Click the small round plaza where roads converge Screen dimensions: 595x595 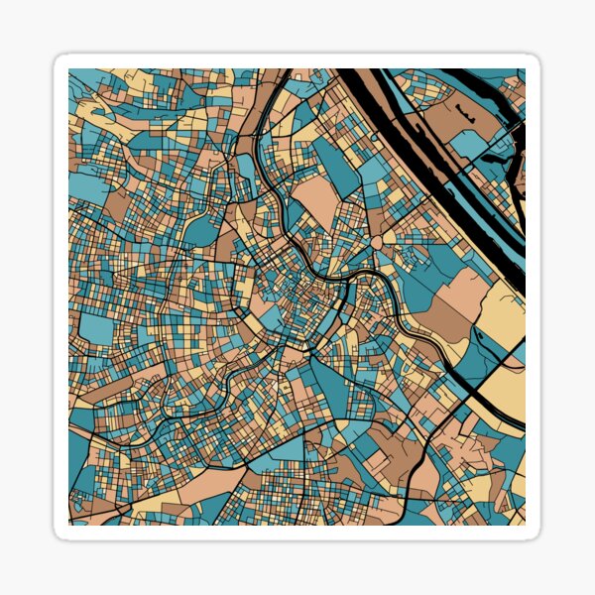377,242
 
